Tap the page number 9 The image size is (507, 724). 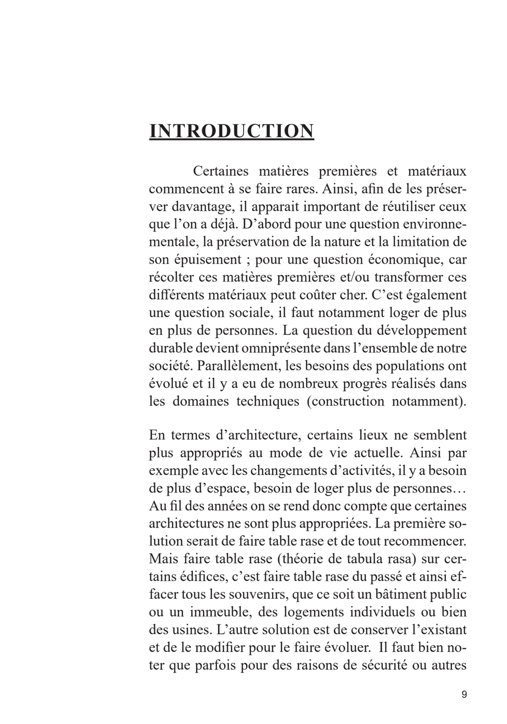coord(464,695)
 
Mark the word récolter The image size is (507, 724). coord(170,277)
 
